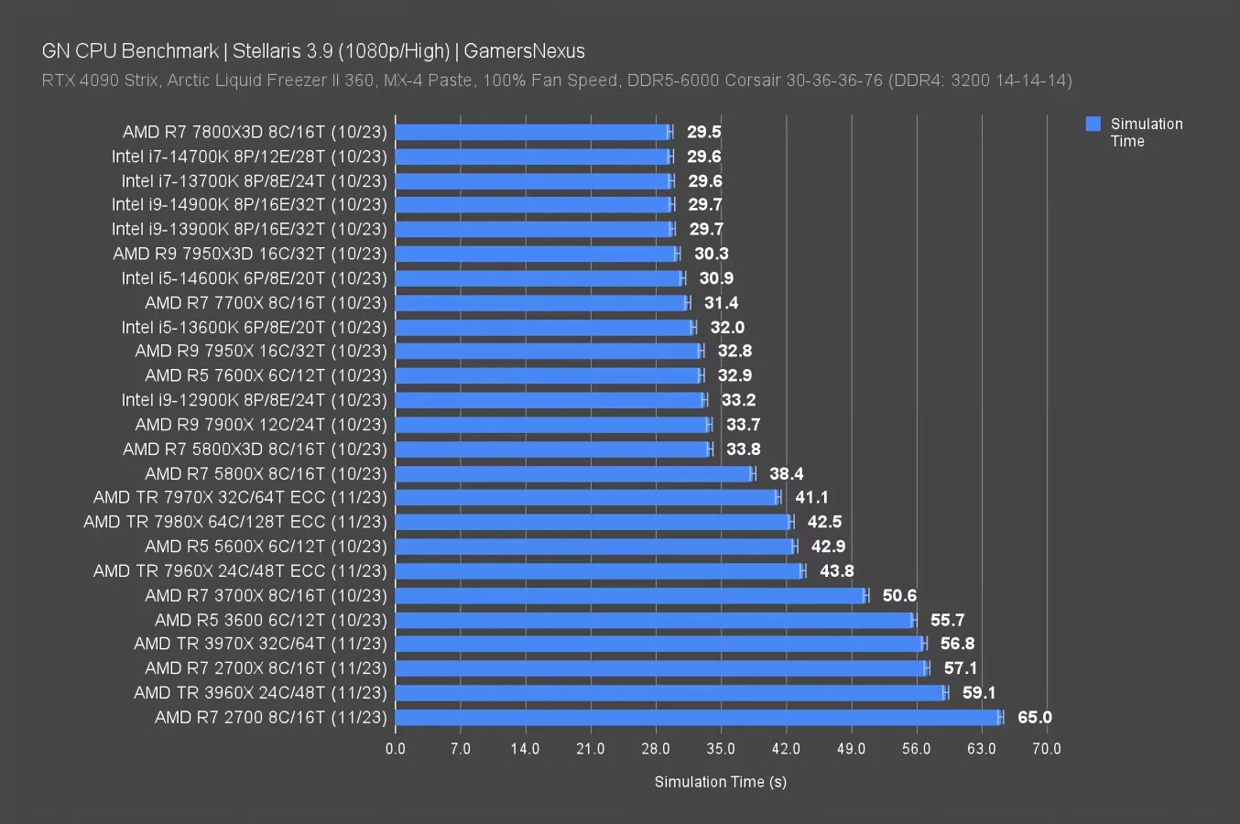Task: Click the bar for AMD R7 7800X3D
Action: tap(532, 132)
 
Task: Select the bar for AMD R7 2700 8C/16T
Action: tap(698, 718)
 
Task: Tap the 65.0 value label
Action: tap(1035, 718)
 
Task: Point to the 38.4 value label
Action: tap(786, 473)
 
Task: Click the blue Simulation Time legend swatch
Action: tap(1093, 124)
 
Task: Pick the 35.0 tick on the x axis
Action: tap(721, 749)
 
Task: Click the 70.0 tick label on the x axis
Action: tap(1047, 749)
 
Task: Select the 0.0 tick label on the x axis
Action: tap(396, 749)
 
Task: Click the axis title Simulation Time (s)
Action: tap(720, 781)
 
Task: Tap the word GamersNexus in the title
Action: tap(524, 51)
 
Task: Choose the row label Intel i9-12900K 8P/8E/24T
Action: tap(254, 400)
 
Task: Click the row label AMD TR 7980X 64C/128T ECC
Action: tap(235, 522)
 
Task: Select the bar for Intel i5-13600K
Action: tap(544, 328)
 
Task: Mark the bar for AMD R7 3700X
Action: tap(630, 596)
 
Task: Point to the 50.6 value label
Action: tap(899, 596)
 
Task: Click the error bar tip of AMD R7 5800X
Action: tap(756, 473)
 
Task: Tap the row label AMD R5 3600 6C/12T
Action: tap(271, 621)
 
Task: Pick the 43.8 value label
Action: tap(836, 571)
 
